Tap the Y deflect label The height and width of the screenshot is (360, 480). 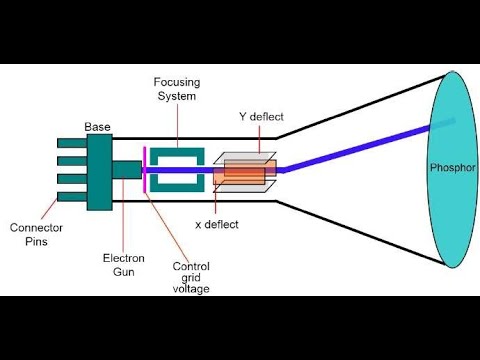coord(261,118)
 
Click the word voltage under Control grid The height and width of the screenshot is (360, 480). coord(191,289)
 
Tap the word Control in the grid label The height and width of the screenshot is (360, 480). coord(191,266)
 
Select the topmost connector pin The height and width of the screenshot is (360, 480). coord(70,145)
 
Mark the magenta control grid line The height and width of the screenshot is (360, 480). coord(147,170)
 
